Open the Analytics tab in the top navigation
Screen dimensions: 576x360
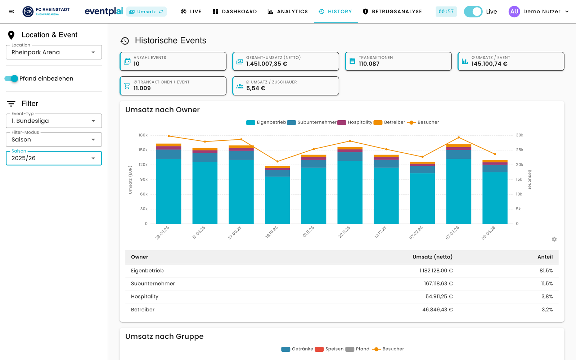pos(288,12)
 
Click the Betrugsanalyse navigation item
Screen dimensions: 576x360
pos(392,12)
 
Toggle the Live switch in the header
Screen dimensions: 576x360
pos(473,12)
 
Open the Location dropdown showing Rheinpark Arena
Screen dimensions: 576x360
pos(54,52)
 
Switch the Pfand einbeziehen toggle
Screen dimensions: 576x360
pos(11,78)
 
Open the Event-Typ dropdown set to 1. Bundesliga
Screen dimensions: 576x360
pos(54,121)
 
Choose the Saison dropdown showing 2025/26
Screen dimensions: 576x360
pos(54,158)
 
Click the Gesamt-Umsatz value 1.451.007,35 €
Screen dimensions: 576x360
pos(266,64)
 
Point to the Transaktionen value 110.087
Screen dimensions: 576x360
pos(369,64)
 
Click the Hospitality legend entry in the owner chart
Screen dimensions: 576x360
pos(355,122)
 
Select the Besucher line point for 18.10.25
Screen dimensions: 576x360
pos(278,162)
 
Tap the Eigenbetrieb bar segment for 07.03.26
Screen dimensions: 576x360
pos(459,191)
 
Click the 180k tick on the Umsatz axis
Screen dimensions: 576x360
pos(143,135)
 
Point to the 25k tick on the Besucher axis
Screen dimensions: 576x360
pos(519,150)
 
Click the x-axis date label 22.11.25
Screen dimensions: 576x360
pos(344,232)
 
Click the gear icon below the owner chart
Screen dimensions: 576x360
pos(554,239)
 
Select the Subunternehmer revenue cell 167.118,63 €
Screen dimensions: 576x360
pos(438,284)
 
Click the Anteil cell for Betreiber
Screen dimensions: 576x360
pos(547,310)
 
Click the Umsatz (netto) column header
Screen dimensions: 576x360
pos(432,257)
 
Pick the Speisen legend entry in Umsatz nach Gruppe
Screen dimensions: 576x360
pos(329,349)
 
